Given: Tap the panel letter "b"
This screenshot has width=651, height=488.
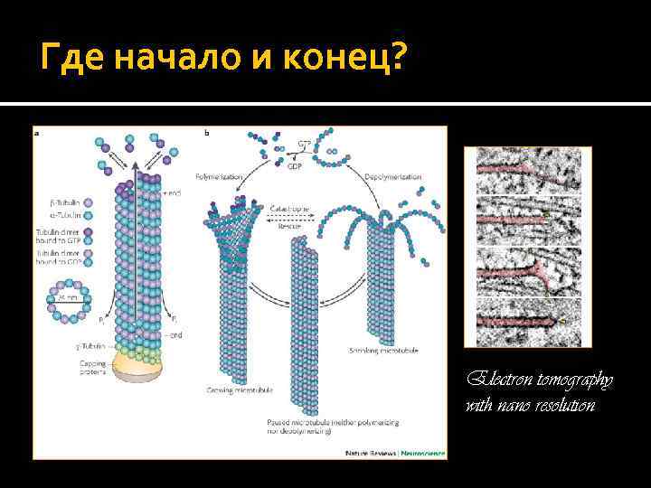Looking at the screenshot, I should click(207, 133).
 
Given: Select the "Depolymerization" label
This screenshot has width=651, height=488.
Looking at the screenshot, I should click(393, 176).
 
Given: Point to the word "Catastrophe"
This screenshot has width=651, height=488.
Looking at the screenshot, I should click(289, 209).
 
